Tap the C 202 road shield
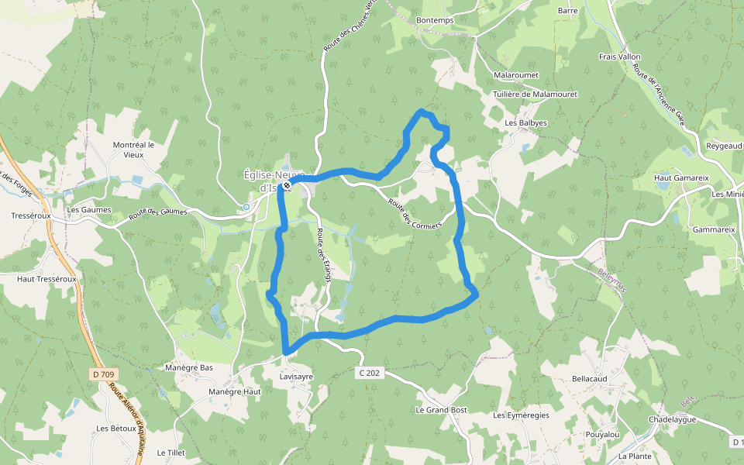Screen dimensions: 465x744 [370, 373]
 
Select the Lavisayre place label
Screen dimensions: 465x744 [296, 377]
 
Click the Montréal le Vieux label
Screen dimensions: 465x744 [133, 149]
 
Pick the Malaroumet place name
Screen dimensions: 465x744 [516, 75]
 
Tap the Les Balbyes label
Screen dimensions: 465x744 [525, 122]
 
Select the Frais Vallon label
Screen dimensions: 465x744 [619, 57]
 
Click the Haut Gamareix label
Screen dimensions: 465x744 [682, 177]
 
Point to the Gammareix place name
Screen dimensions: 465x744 [713, 229]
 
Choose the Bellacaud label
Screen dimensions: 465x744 [589, 378]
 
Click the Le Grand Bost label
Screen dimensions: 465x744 [441, 409]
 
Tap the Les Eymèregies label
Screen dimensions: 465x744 [521, 415]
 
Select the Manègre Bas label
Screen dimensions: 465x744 [189, 367]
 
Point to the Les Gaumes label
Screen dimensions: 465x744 [89, 209]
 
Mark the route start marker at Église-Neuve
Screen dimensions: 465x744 [287, 185]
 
